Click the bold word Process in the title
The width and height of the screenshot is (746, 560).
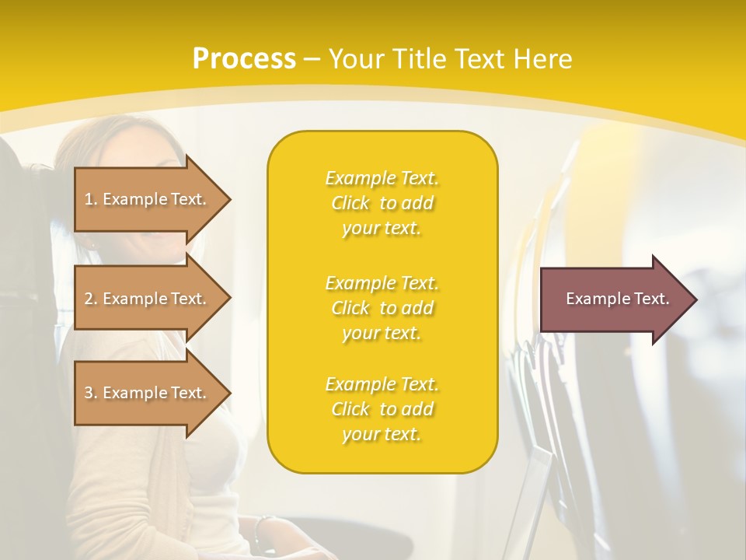[244, 59]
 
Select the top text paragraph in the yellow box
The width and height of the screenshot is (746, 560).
[382, 203]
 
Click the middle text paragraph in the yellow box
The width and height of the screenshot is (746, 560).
[382, 308]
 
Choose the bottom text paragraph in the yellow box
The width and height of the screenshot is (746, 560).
[382, 409]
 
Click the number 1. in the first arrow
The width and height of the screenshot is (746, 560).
[91, 199]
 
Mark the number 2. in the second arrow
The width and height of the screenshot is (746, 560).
[91, 299]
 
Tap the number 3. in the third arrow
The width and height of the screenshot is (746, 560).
[91, 393]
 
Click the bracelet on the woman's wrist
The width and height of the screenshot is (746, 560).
[263, 529]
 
